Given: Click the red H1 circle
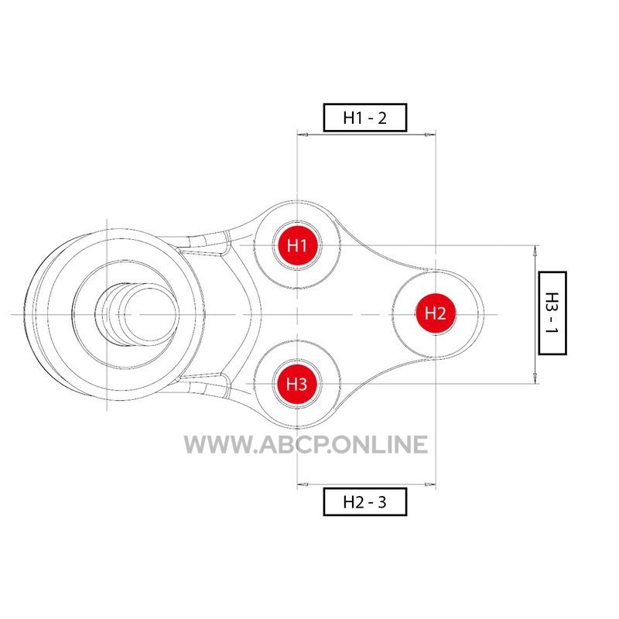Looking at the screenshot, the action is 297,245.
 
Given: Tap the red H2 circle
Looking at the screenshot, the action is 436,314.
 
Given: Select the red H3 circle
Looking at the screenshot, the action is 297,384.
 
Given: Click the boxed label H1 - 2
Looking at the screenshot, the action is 364,118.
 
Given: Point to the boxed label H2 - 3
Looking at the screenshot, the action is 364,501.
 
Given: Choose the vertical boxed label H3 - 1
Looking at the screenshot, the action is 552,313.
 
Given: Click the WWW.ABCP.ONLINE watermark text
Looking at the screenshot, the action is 306,444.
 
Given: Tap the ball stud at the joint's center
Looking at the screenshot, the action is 136,315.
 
